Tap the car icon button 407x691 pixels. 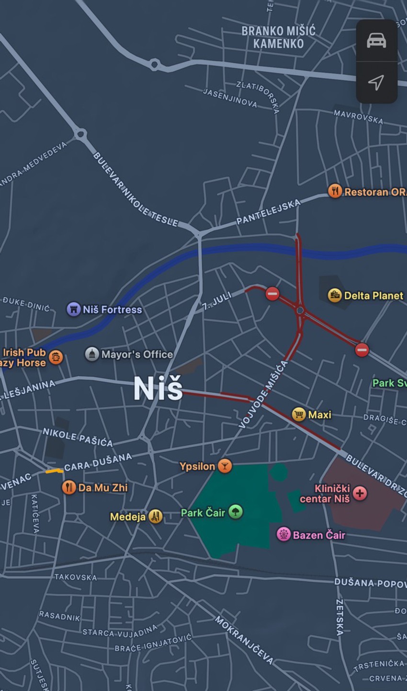pyautogui.click(x=376, y=41)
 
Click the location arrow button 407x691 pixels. pyautogui.click(x=376, y=82)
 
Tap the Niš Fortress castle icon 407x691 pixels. pyautogui.click(x=73, y=309)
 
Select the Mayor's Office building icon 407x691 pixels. pyautogui.click(x=92, y=354)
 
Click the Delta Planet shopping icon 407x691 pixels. pyautogui.click(x=335, y=295)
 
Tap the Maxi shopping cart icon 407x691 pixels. pyautogui.click(x=299, y=414)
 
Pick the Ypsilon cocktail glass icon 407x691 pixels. pyautogui.click(x=225, y=465)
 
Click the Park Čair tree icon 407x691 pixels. pyautogui.click(x=235, y=512)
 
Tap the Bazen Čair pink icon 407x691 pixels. pyautogui.click(x=283, y=534)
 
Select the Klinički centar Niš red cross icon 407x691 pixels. pyautogui.click(x=360, y=493)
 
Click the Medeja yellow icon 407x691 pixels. pyautogui.click(x=155, y=516)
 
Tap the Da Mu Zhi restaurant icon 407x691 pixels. pyautogui.click(x=69, y=487)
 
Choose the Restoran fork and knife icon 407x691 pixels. pyautogui.click(x=335, y=191)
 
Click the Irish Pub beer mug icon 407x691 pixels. pyautogui.click(x=56, y=357)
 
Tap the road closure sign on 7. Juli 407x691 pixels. pyautogui.click(x=272, y=293)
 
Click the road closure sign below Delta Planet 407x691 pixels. pyautogui.click(x=362, y=350)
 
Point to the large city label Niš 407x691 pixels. pyautogui.click(x=158, y=388)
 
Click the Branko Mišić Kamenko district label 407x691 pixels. pyautogui.click(x=278, y=37)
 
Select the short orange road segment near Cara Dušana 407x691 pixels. pyautogui.click(x=54, y=471)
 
